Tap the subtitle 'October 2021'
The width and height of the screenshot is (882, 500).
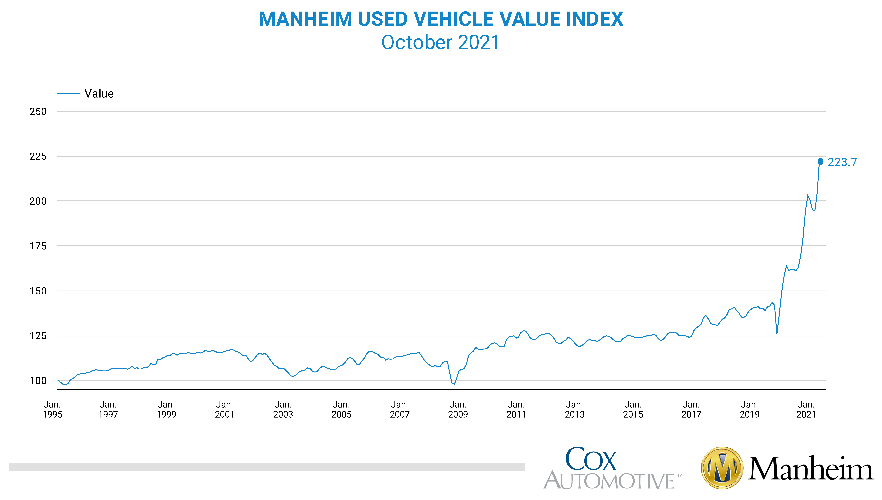441,43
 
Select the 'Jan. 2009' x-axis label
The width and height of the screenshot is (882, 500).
458,409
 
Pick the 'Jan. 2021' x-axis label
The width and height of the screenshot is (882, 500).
806,409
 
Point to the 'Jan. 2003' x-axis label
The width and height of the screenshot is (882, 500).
283,409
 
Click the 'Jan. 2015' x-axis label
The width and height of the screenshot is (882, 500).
633,409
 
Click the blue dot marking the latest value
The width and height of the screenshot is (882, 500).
820,161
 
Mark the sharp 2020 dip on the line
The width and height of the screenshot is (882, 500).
777,333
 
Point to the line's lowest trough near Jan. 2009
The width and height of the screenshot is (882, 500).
454,384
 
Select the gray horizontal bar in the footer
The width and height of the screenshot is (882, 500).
266,467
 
